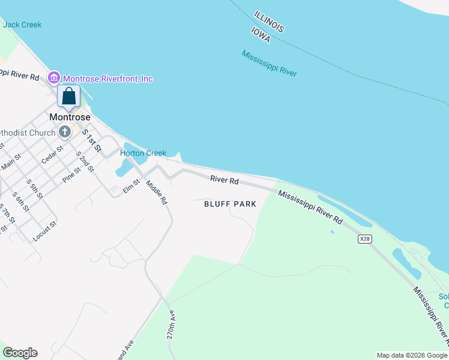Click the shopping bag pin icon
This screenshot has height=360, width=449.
[69, 97]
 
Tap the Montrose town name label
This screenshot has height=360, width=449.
[70, 117]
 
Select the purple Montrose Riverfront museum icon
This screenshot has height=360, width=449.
[54, 78]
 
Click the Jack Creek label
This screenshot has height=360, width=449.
[22, 25]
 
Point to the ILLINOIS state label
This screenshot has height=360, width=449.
[269, 21]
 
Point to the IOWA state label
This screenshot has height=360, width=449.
[261, 34]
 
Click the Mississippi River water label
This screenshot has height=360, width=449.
[270, 63]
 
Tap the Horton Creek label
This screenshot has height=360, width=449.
[143, 153]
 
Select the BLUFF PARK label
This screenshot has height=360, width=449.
[231, 204]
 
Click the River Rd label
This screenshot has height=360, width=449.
[224, 180]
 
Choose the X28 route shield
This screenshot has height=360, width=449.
[364, 239]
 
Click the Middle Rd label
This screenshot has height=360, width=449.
[155, 193]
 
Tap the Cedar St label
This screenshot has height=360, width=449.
[52, 154]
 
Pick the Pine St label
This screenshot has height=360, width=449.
[70, 175]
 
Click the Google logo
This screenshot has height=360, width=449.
[20, 353]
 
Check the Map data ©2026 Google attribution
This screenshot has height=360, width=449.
[411, 355]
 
